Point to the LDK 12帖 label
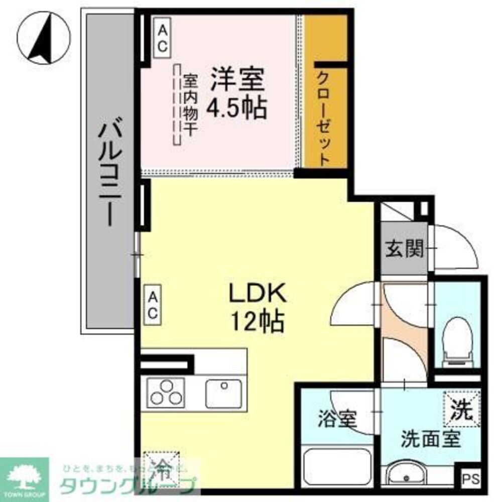(257, 307)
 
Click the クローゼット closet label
(324, 118)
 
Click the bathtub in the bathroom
(337, 467)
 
